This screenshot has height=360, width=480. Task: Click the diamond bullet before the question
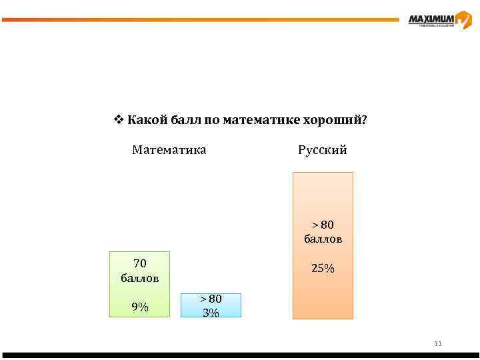(118, 120)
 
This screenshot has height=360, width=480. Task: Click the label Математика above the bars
(169, 150)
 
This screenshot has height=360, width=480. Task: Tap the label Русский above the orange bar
(323, 150)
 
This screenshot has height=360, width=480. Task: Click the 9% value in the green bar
(140, 307)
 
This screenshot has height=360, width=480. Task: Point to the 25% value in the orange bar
(323, 269)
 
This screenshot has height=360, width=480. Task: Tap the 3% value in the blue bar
(211, 312)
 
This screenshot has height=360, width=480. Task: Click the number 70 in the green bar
(140, 263)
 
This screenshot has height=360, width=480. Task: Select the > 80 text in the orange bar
(323, 225)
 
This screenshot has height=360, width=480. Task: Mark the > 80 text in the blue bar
(211, 299)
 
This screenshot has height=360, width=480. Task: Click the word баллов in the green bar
(140, 277)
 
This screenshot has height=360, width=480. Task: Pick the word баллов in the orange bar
(323, 239)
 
